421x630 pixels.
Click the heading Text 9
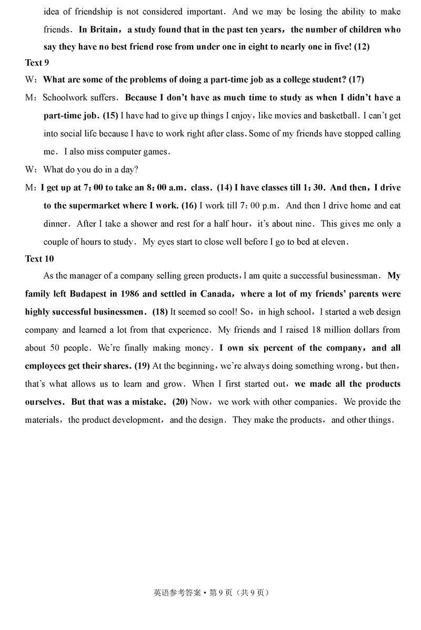tap(37, 63)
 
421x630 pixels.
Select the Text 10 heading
tap(39, 258)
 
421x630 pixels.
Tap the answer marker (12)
tap(362, 46)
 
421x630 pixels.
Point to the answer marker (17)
tap(356, 79)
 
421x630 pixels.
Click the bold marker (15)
tap(111, 115)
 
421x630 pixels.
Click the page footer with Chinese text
tap(211, 592)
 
